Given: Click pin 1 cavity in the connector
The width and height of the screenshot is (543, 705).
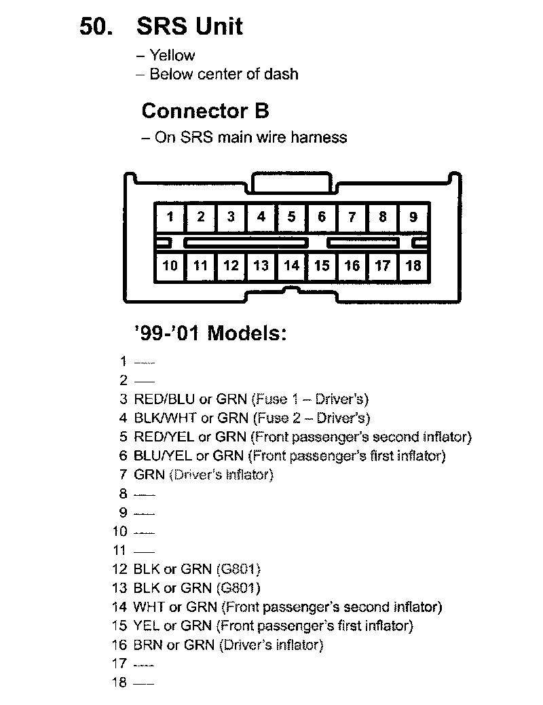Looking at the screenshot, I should (170, 217).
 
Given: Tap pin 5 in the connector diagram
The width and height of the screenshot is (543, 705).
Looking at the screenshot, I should (291, 217).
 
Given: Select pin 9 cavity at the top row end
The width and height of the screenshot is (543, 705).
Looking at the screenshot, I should (413, 217).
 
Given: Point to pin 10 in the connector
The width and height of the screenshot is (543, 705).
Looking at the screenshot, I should (170, 265).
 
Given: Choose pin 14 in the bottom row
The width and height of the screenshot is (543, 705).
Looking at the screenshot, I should (291, 265).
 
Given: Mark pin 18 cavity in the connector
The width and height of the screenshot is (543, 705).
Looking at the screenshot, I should (413, 265).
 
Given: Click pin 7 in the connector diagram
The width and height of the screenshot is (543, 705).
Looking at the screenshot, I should (352, 217).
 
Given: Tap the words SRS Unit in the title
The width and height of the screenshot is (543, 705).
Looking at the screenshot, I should (189, 26).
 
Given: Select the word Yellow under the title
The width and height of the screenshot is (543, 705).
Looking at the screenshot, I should (172, 56).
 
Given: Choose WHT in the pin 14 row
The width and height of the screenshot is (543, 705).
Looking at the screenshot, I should (149, 607).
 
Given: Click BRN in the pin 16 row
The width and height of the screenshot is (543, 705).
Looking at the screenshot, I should (149, 645).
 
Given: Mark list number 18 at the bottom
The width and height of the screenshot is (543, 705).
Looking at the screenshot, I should (119, 683).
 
